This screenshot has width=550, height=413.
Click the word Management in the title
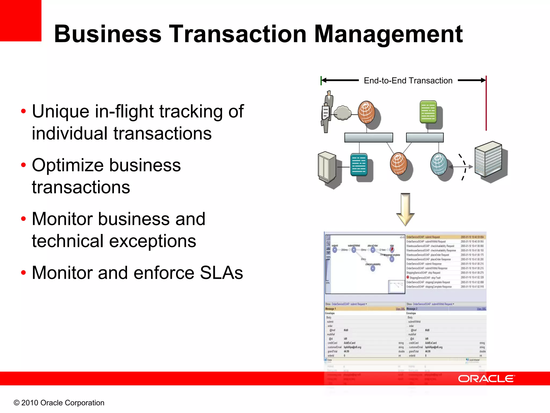pyautogui.click(x=388, y=34)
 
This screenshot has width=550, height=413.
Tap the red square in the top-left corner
pyautogui.click(x=20, y=20)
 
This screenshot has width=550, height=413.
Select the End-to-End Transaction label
pyautogui.click(x=408, y=80)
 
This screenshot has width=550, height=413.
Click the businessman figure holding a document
pyautogui.click(x=327, y=112)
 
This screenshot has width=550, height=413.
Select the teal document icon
pyautogui.click(x=359, y=165)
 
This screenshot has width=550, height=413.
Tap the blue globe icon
pyautogui.click(x=439, y=164)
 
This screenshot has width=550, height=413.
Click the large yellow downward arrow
pyautogui.click(x=405, y=209)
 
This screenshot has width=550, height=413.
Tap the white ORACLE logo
pyautogui.click(x=486, y=379)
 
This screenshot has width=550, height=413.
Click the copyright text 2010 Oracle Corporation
pyautogui.click(x=59, y=403)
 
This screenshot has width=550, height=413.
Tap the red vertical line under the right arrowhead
pyautogui.click(x=486, y=108)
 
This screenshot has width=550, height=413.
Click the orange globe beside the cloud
pyautogui.click(x=366, y=112)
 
